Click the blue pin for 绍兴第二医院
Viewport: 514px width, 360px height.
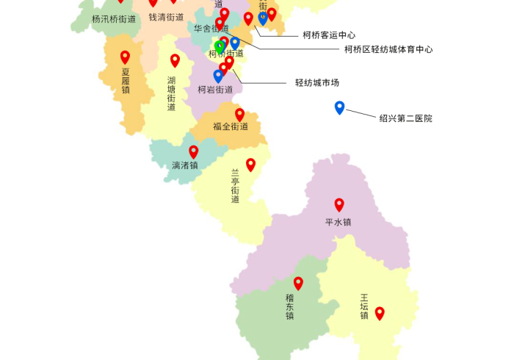coord(339,107)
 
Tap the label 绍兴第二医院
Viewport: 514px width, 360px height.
coord(405,118)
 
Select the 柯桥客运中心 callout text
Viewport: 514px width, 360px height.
coord(329,35)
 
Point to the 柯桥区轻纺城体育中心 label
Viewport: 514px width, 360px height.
coord(388,49)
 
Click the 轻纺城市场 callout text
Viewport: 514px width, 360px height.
coord(317,83)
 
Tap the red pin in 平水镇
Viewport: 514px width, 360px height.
coord(339,204)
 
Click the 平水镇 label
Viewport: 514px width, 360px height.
coord(339,222)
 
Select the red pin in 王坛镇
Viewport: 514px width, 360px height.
coord(380,313)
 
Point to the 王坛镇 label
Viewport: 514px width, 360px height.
coord(364,307)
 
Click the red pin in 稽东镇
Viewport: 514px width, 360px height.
coord(298,283)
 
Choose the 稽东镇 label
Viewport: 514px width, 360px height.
coord(290,307)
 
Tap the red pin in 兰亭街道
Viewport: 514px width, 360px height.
coord(250,165)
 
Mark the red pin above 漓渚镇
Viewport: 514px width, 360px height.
coord(193,151)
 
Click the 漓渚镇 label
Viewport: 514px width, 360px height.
coord(185,165)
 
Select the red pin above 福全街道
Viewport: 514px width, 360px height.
coord(239,114)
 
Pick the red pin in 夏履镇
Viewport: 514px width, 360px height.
coord(125,57)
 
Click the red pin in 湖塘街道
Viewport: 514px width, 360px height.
coord(175,60)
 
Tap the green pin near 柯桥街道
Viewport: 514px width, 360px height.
coord(219,46)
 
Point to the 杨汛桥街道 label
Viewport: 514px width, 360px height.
coord(114,19)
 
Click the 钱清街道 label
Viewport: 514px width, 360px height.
coord(166,17)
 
